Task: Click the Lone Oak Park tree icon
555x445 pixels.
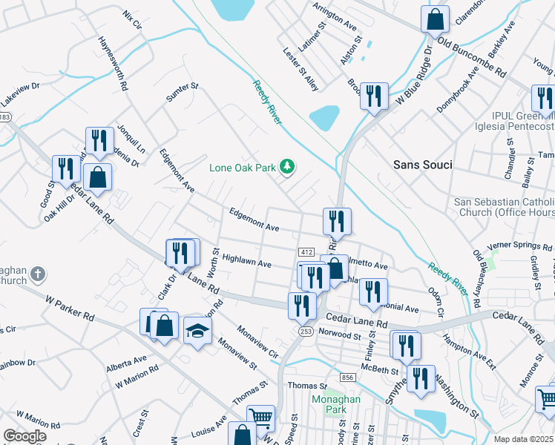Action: [287, 168]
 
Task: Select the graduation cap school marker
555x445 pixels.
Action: [197, 332]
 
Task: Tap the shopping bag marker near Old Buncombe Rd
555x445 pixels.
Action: [435, 19]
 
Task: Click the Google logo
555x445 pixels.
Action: [24, 436]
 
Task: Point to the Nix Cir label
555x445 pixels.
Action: [132, 19]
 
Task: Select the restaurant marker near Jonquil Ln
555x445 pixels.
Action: [99, 139]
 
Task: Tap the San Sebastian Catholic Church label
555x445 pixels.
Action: [504, 207]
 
